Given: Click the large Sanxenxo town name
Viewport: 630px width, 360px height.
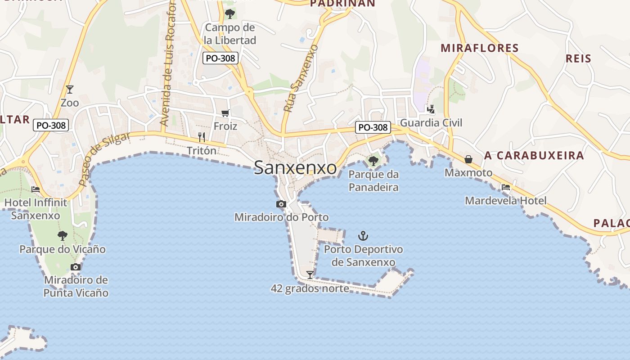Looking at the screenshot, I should [x=295, y=168].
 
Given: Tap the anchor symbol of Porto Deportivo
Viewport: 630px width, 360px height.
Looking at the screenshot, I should [x=363, y=235].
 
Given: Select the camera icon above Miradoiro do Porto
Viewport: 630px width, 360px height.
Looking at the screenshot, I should [x=281, y=204].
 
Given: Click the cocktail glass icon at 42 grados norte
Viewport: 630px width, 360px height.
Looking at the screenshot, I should [x=310, y=274].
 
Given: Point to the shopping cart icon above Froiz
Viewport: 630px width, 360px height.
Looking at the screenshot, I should [x=225, y=113].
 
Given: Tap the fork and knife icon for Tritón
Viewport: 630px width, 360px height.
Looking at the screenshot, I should [x=202, y=137].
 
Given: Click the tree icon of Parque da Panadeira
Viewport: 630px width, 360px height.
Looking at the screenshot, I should [x=373, y=161].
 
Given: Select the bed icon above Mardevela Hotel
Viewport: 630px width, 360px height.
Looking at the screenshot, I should [x=506, y=187].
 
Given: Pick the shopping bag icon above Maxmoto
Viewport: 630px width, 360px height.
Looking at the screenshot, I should [x=468, y=159].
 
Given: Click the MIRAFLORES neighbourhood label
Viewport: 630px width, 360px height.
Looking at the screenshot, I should [x=480, y=48].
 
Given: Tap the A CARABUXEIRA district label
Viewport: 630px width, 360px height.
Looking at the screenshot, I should [x=534, y=156].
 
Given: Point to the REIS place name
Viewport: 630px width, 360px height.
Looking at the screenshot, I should [x=578, y=58].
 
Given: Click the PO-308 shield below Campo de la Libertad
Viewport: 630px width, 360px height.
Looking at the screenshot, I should [x=220, y=58].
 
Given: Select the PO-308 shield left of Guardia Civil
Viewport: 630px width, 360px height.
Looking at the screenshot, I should [x=373, y=127].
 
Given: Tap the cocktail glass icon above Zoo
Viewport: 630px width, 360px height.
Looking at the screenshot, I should [x=69, y=89].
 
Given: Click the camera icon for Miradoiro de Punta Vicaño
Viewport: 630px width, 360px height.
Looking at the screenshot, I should [x=76, y=267].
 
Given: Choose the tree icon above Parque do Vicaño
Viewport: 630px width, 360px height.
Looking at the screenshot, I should [x=62, y=235].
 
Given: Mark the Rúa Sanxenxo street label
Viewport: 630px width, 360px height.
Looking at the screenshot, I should [x=301, y=78].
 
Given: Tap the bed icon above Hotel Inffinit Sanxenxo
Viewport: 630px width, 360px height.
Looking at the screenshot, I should [x=36, y=189].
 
